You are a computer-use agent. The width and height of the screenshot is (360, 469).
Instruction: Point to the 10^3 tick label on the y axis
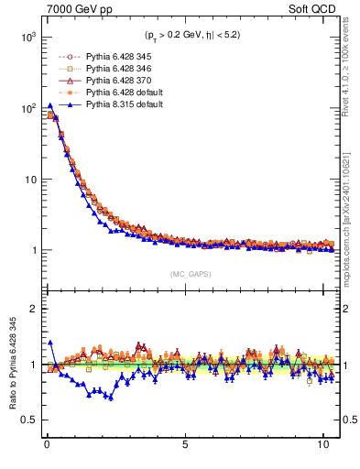(24, 38)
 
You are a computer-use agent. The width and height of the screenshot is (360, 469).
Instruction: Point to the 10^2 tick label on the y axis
(24, 108)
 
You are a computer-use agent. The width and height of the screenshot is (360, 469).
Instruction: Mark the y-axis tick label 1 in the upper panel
(30, 250)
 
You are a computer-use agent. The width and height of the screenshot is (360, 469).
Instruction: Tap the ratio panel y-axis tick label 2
(30, 309)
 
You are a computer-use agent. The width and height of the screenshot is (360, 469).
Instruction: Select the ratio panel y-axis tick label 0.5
(27, 420)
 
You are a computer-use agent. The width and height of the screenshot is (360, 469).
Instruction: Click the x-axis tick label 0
(47, 448)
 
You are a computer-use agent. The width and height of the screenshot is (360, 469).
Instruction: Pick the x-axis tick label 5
(185, 448)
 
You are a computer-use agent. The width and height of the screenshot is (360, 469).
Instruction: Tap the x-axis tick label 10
(322, 448)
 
